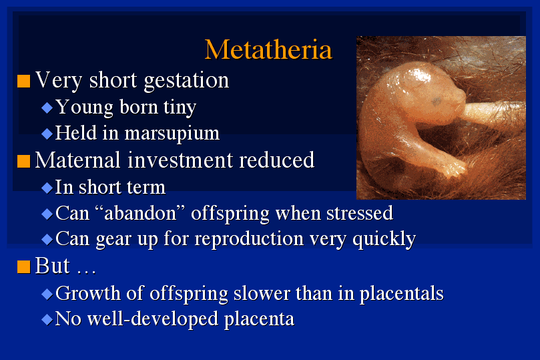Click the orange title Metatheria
tap(268, 49)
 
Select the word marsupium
tap(172, 134)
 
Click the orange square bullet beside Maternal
tap(24, 161)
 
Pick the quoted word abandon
tap(140, 213)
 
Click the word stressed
tap(360, 213)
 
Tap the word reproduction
tap(249, 239)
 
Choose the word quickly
tap(384, 239)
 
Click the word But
tap(52, 266)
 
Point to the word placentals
tap(402, 294)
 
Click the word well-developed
tap(153, 319)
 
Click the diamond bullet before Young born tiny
tap(47, 108)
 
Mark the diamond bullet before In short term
tap(47, 188)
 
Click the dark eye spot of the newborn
tap(437, 102)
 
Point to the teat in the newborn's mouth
tap(489, 111)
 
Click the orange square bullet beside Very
tap(24, 81)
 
